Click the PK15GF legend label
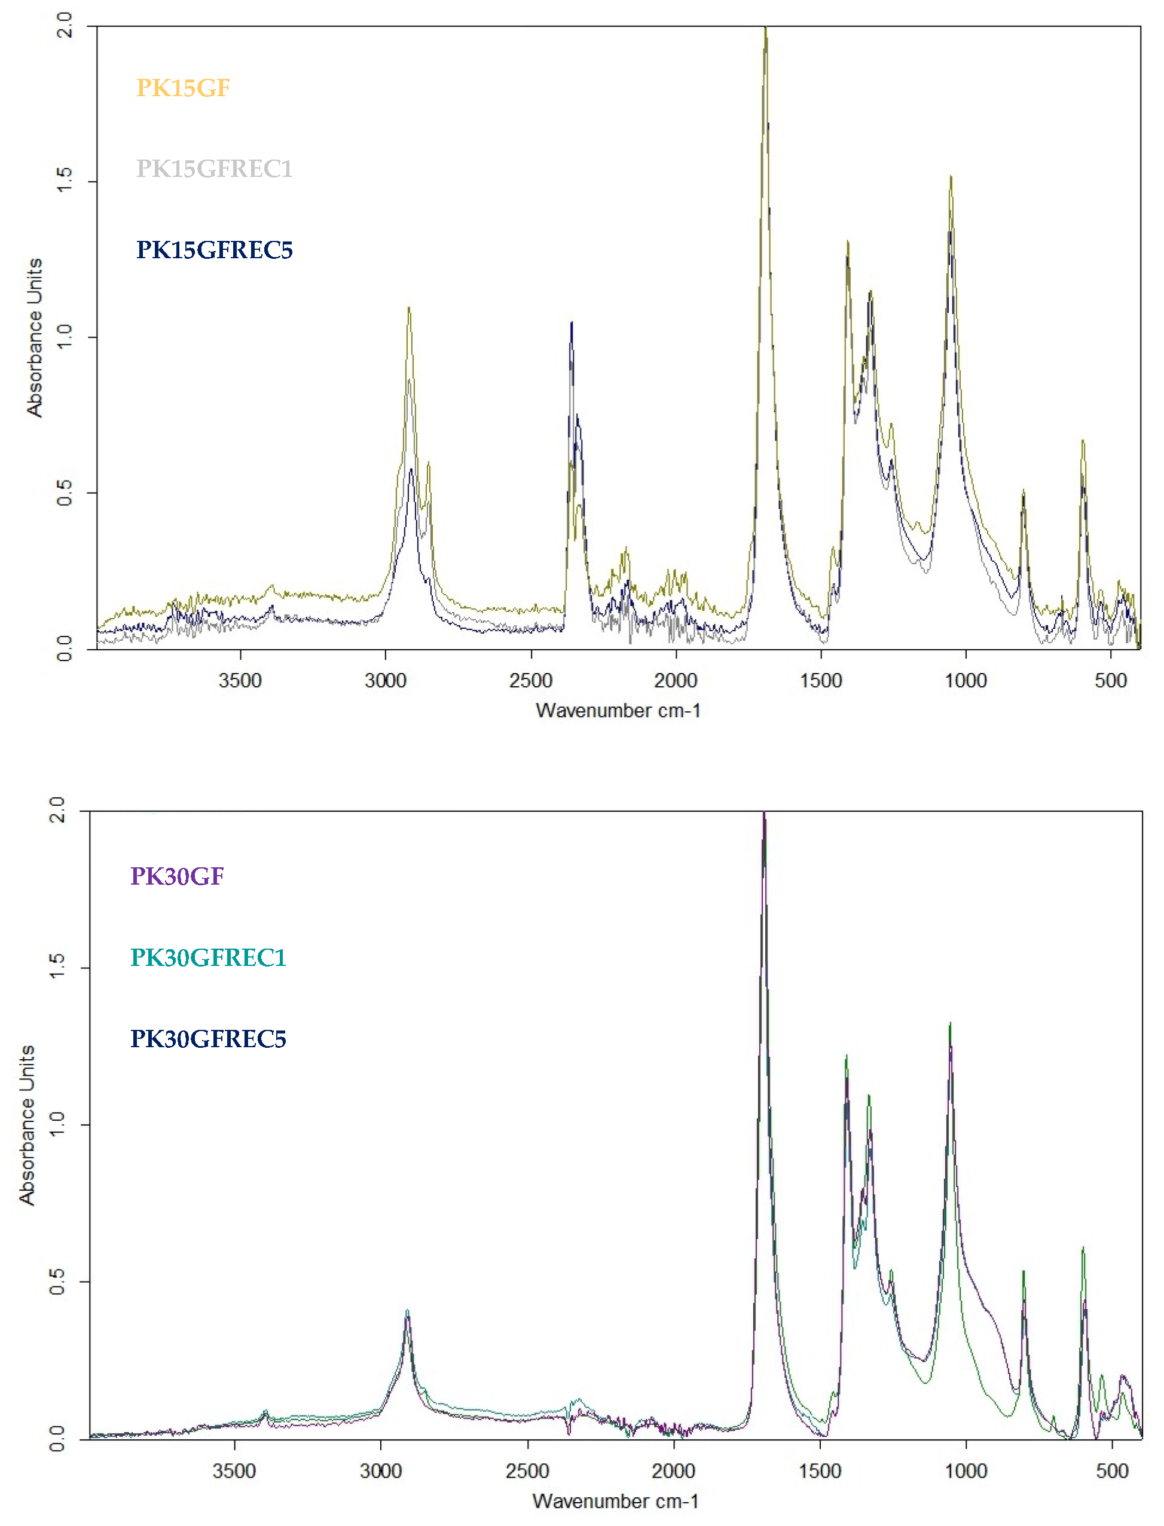(183, 88)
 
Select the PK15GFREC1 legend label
(214, 169)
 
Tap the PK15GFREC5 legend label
(214, 249)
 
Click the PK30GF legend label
(178, 876)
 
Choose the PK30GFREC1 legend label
(208, 958)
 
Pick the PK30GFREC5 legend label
(208, 1038)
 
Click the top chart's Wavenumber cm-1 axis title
(618, 711)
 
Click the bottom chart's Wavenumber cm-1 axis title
(615, 1501)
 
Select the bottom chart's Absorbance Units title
(26, 1125)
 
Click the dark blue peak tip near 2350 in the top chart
(572, 323)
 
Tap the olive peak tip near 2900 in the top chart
(409, 308)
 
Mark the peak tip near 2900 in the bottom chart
(407, 1310)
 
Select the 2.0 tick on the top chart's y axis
(64, 26)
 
